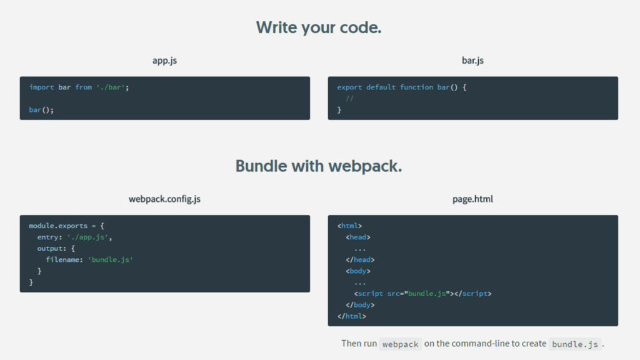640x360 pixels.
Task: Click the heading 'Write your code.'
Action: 319,27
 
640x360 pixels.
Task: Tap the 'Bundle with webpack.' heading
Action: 319,166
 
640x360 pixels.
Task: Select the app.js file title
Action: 164,61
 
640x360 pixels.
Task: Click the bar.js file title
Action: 472,61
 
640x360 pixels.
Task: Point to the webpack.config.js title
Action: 164,199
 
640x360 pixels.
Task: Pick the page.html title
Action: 472,199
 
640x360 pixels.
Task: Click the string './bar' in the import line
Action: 110,87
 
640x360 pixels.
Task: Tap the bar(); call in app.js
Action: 41,110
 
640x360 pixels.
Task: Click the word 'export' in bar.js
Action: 349,87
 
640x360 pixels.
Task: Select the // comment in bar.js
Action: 349,99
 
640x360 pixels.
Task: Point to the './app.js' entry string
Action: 89,237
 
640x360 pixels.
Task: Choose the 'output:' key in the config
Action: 51,249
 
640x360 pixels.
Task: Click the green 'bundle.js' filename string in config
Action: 110,260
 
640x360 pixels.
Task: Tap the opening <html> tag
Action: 349,226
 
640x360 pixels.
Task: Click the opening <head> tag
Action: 358,237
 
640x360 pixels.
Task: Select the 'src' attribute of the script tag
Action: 393,294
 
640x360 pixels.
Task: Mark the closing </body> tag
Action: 360,305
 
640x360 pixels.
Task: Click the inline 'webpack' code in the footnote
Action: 400,344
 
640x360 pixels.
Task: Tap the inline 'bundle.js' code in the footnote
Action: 575,344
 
